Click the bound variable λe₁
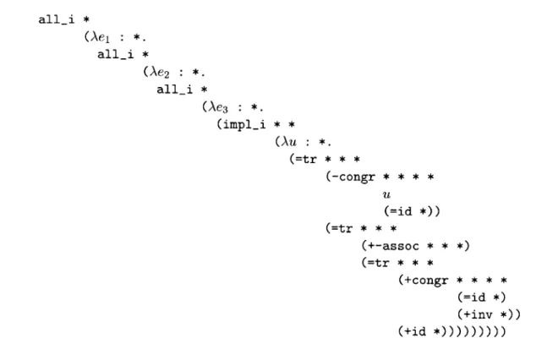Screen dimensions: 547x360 [x=100, y=37]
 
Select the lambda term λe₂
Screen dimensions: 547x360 [x=160, y=72]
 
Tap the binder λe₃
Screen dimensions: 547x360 [x=218, y=107]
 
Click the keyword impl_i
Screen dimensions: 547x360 [x=244, y=124]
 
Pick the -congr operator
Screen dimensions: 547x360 [x=353, y=177]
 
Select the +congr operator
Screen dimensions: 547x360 [x=426, y=280]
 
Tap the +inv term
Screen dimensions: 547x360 [x=478, y=314]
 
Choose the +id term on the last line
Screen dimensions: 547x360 [x=415, y=331]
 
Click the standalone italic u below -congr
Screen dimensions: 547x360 [x=386, y=194]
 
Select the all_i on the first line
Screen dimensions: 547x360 [x=57, y=19]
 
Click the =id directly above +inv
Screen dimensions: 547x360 [x=474, y=297]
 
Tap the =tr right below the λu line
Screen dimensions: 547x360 [x=306, y=159]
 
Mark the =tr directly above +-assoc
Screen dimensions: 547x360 [x=342, y=228]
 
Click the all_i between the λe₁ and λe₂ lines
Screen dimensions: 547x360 [x=116, y=54]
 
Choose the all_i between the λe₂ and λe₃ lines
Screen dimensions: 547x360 [x=175, y=90]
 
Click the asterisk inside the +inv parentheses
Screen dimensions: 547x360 [x=503, y=315]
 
